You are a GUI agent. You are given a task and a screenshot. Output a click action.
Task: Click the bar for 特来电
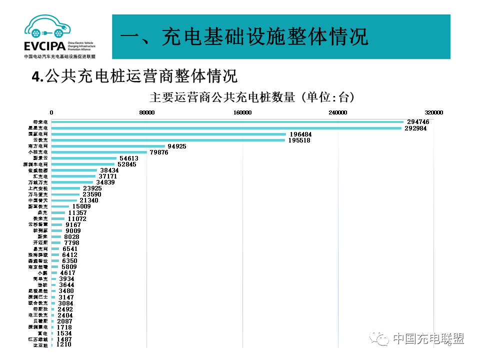[227, 122]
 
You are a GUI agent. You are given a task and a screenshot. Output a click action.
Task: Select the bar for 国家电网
[169, 134]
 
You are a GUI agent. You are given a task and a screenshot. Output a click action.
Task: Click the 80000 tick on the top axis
[146, 112]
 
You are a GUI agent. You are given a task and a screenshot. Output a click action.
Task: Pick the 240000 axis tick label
[338, 112]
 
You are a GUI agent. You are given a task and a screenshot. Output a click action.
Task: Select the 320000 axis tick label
[433, 112]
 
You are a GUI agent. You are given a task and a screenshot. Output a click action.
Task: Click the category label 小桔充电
[38, 152]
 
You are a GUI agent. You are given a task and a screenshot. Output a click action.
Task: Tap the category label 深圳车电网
[36, 164]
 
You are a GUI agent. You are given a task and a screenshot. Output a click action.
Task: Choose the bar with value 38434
[74, 170]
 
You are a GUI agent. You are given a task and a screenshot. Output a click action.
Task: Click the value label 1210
[64, 344]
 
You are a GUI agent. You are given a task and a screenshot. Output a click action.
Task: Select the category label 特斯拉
[40, 309]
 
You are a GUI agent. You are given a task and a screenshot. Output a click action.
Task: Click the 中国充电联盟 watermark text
[428, 338]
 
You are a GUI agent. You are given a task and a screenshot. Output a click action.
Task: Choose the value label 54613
[129, 158]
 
